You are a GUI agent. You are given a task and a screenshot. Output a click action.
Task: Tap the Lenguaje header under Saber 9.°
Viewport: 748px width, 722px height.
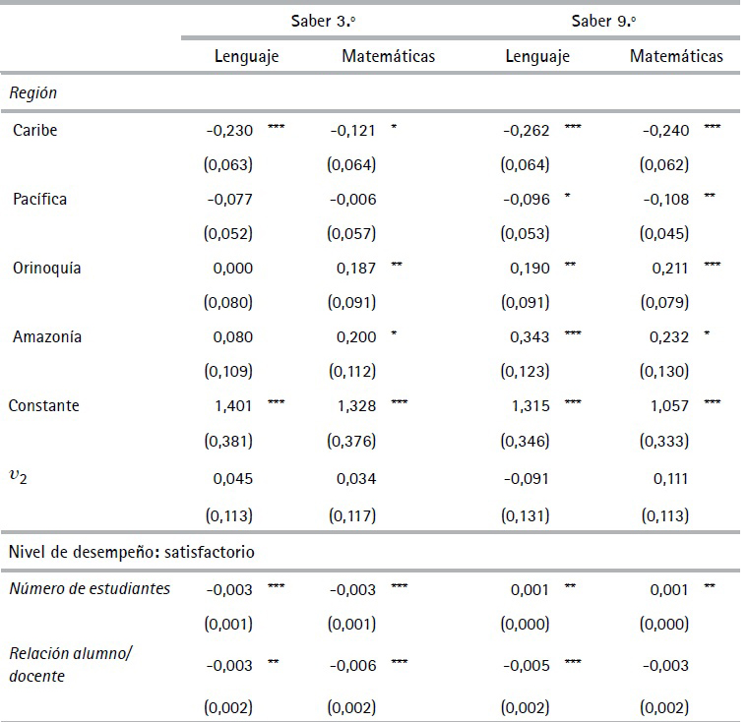pos(537,56)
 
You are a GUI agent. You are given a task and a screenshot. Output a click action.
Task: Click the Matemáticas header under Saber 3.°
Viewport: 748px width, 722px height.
pos(388,56)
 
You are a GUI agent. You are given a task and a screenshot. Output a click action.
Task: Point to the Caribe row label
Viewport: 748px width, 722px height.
pos(35,130)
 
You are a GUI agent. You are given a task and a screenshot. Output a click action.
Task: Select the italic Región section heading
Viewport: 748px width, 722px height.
pos(33,94)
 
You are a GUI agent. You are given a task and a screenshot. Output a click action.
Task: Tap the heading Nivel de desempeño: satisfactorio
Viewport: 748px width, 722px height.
pos(132,552)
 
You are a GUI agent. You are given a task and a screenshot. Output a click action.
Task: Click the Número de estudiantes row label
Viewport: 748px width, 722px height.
pos(90,588)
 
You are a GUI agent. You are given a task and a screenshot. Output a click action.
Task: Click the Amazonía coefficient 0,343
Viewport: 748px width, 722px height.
pos(530,336)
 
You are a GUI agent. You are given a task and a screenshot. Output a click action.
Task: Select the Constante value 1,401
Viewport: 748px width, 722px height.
pos(233,405)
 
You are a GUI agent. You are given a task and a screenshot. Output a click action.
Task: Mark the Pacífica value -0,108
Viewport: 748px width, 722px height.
pos(666,199)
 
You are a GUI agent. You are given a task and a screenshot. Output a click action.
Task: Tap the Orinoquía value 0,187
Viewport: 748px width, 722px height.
pos(356,268)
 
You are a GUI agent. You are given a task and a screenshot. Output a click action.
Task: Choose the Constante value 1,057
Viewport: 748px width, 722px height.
pos(670,405)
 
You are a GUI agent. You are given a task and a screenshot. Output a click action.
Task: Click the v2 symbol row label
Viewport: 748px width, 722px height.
pos(22,479)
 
